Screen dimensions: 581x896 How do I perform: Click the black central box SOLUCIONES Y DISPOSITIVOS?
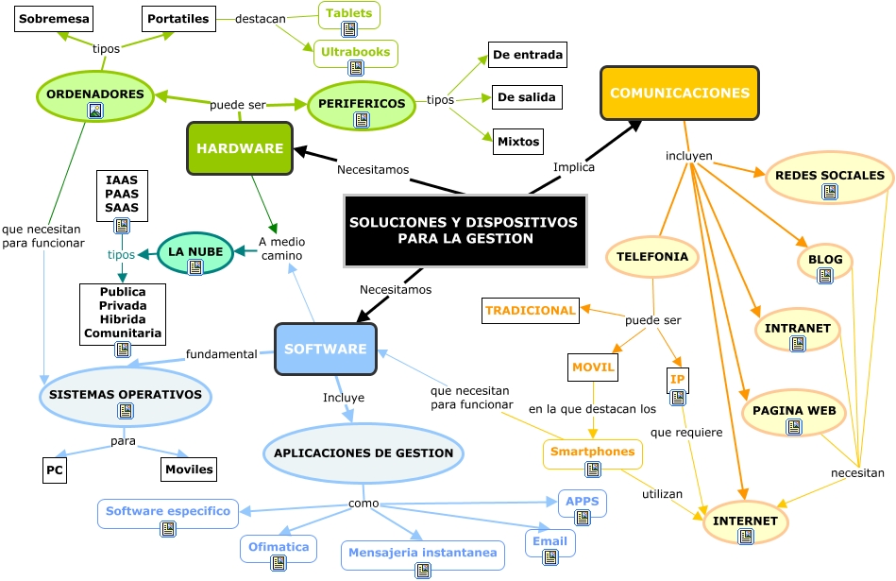pyautogui.click(x=464, y=231)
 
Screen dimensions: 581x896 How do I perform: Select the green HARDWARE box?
pyautogui.click(x=240, y=148)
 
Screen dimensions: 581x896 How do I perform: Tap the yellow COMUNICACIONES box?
pyautogui.click(x=680, y=93)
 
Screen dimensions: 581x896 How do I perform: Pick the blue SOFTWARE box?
pyautogui.click(x=325, y=349)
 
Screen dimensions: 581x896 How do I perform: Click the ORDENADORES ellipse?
pyautogui.click(x=94, y=94)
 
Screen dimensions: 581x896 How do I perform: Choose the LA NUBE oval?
pyautogui.click(x=195, y=252)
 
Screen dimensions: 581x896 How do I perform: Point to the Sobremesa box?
pyautogui.click(x=53, y=18)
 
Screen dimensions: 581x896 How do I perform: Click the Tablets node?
pyautogui.click(x=348, y=14)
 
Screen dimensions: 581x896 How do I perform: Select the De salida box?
pyautogui.click(x=526, y=96)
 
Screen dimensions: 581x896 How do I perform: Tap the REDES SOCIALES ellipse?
pyautogui.click(x=829, y=176)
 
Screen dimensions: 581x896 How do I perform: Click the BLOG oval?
pyautogui.click(x=825, y=259)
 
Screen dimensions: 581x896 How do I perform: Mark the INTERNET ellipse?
pyautogui.click(x=745, y=521)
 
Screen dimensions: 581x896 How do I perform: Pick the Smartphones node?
pyautogui.click(x=592, y=452)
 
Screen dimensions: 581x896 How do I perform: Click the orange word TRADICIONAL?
pyautogui.click(x=530, y=310)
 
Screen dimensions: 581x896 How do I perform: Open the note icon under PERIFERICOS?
pyautogui.click(x=361, y=120)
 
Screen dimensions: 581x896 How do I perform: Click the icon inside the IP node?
pyautogui.click(x=678, y=397)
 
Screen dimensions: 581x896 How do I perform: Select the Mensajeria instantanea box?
pyautogui.click(x=422, y=553)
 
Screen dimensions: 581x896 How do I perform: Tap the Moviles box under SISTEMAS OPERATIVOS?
pyautogui.click(x=189, y=469)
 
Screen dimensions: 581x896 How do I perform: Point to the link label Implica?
pyautogui.click(x=573, y=167)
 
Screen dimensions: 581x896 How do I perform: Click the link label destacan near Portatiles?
pyautogui.click(x=261, y=18)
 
